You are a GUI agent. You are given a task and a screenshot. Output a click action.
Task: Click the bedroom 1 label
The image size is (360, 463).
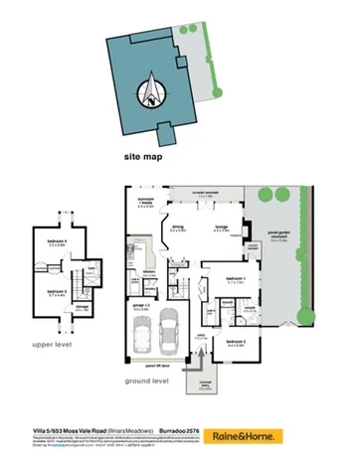[235, 277]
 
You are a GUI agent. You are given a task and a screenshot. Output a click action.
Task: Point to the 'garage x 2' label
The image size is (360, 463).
[141, 306]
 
